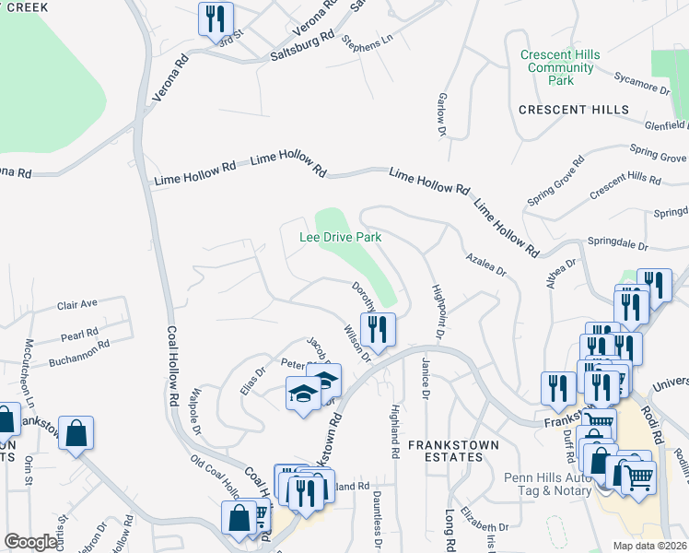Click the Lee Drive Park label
(341, 237)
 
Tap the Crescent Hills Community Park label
(560, 68)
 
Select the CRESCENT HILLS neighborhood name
(574, 110)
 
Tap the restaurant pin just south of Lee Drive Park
(379, 329)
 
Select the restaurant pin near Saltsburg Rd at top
(216, 18)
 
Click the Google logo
(30, 542)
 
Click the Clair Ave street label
(77, 304)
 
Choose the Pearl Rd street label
(80, 333)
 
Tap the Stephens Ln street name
(367, 42)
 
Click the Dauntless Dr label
(379, 516)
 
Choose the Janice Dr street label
(426, 379)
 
